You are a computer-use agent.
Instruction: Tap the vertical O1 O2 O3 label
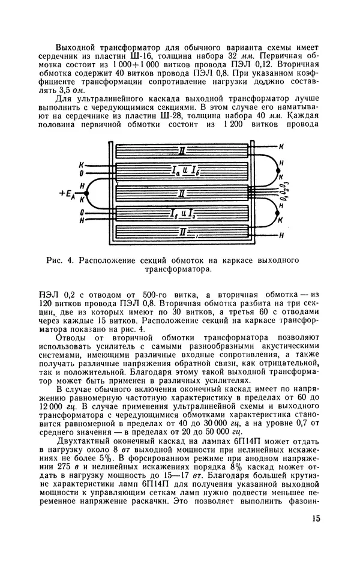[286, 191]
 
